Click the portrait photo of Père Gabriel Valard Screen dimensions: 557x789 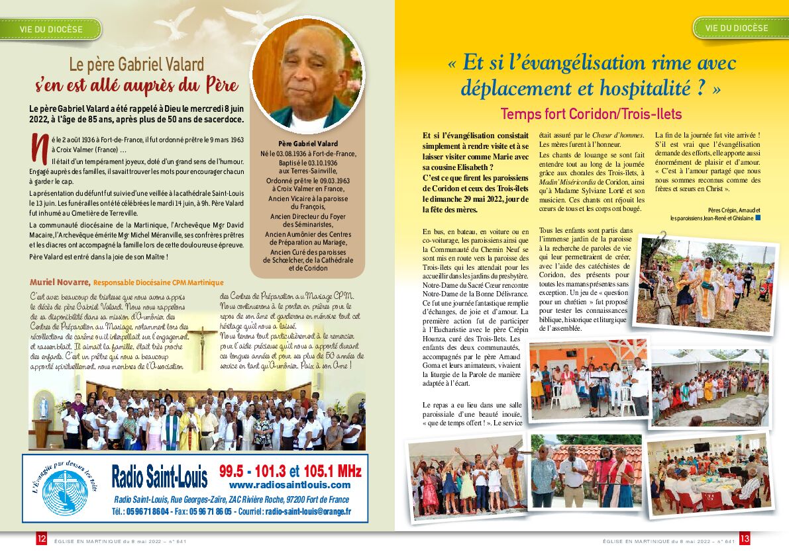(x=308, y=74)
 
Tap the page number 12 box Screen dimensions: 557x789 (x=42, y=539)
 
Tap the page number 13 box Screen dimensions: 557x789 (x=745, y=539)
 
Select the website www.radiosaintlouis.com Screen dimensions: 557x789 (x=289, y=485)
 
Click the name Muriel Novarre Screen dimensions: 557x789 (x=60, y=282)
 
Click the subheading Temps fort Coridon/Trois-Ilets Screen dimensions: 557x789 (x=591, y=113)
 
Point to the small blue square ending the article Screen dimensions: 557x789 (x=758, y=217)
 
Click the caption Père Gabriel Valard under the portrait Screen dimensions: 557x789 (x=308, y=144)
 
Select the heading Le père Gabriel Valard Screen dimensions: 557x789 (x=136, y=64)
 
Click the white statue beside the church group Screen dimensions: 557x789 (x=44, y=406)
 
